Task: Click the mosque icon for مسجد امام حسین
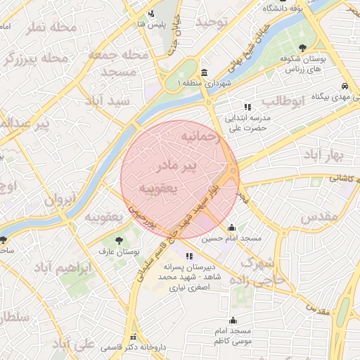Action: tap(231, 227)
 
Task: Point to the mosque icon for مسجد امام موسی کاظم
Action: tap(233, 321)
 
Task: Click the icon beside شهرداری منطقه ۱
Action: tap(204, 73)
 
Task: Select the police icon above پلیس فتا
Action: tap(151, 14)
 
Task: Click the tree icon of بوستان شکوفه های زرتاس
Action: tap(302, 48)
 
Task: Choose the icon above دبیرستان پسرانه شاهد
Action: tap(188, 255)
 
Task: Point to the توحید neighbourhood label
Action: tap(212, 23)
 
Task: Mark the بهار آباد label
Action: tap(323, 154)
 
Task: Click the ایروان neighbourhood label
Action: tap(59, 200)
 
